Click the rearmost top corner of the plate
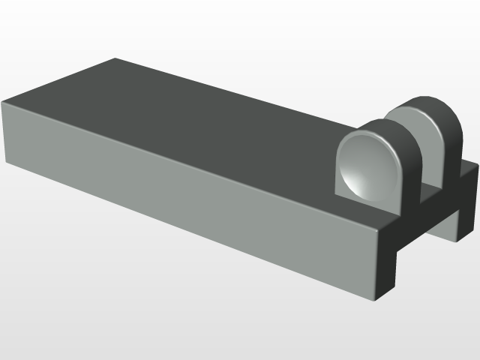115,58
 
